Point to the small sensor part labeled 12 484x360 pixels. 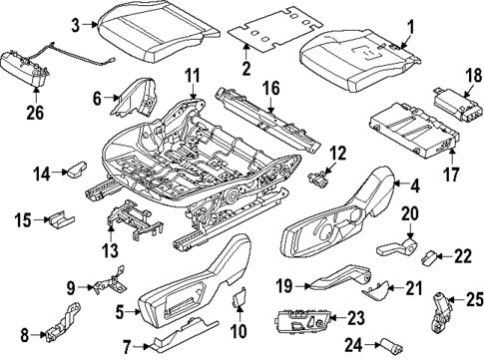pos(319,180)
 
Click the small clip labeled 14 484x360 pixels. pos(75,174)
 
